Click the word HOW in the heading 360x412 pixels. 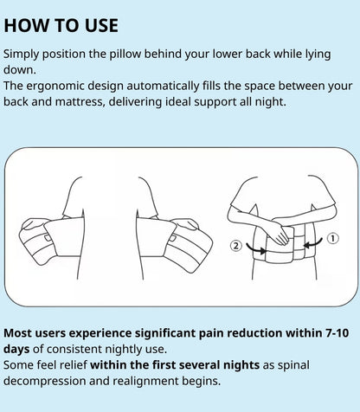point(29,23)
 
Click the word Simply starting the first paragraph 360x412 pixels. point(25,53)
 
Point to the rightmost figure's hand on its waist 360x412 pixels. point(281,231)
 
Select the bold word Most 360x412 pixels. point(21,332)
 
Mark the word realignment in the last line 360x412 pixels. point(157,382)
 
